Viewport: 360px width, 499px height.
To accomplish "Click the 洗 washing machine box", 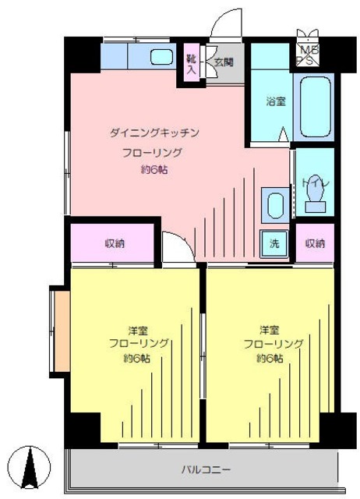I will tap(274, 242).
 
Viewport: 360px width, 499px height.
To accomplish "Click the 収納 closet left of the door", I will tap(115, 243).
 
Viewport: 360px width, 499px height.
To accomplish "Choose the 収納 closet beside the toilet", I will tap(314, 243).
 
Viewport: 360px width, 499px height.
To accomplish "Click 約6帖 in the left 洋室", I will tap(136, 358).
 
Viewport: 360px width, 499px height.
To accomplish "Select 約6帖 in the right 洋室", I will tap(270, 358).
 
